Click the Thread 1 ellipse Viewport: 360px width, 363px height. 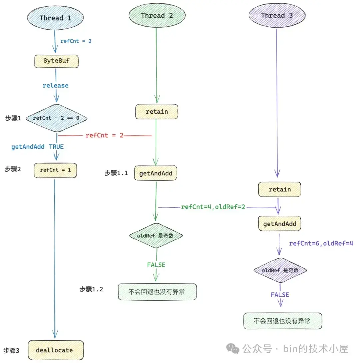(55, 18)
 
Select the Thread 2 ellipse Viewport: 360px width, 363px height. (157, 15)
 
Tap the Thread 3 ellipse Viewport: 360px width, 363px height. (277, 15)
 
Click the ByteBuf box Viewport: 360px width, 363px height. (56, 61)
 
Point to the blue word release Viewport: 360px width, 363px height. (55, 85)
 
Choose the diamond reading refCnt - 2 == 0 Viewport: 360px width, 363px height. (56, 118)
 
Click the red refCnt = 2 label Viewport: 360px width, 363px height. (104, 135)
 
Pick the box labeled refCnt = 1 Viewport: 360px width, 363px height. (55, 170)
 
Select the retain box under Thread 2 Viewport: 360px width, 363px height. (157, 112)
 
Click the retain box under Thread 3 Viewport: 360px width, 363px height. (280, 189)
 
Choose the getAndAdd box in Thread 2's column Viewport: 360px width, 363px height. (156, 173)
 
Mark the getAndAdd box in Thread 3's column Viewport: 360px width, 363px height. (280, 224)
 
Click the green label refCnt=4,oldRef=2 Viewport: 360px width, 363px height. (213, 207)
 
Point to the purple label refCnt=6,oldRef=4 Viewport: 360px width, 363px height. (321, 243)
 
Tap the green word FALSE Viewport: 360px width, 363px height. (156, 265)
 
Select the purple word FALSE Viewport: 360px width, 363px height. (280, 295)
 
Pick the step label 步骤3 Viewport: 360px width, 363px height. (12, 351)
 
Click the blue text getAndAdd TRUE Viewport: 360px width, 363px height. (37, 147)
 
